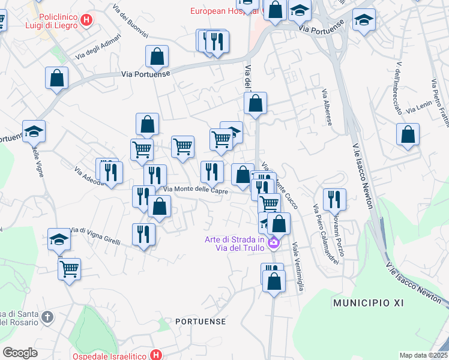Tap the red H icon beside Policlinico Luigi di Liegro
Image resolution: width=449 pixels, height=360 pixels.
pyautogui.click(x=87, y=21)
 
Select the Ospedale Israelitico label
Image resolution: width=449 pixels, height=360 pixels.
pyautogui.click(x=111, y=355)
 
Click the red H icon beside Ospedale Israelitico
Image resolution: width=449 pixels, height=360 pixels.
pyautogui.click(x=157, y=355)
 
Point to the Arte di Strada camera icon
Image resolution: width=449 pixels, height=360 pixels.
pyautogui.click(x=274, y=243)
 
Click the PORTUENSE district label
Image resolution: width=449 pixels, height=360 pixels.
pyautogui.click(x=200, y=322)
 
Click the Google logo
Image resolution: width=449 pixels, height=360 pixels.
pyautogui.click(x=20, y=353)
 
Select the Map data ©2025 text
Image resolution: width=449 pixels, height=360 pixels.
pyautogui.click(x=423, y=355)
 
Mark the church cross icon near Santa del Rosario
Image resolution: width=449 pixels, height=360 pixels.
pyautogui.click(x=48, y=316)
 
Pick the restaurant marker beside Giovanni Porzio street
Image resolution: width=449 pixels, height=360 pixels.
pyautogui.click(x=334, y=200)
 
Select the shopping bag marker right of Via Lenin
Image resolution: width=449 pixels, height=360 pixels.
pyautogui.click(x=408, y=134)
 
